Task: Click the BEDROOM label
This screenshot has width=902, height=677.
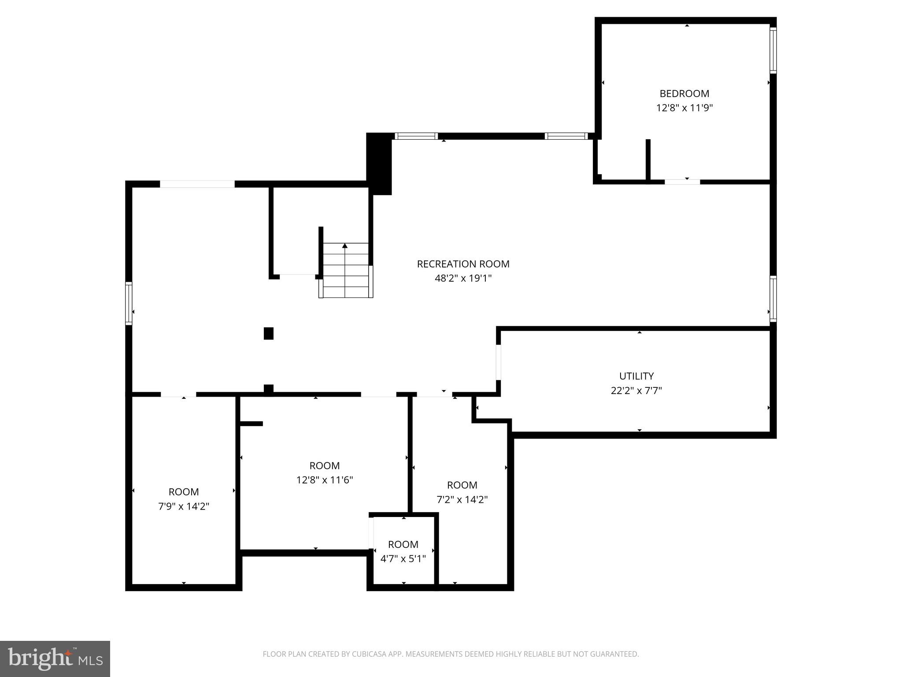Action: click(x=684, y=93)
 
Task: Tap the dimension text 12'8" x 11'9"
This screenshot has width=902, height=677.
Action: click(x=684, y=108)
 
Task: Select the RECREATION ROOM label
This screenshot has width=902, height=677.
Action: click(x=463, y=264)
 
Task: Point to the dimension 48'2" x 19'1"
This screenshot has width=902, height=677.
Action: click(x=463, y=278)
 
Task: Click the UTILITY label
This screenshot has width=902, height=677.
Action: click(x=636, y=376)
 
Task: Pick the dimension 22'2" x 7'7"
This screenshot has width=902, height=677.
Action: click(x=636, y=391)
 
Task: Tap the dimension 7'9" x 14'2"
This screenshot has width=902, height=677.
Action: click(x=184, y=506)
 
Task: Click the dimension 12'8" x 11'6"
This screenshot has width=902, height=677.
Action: click(x=325, y=480)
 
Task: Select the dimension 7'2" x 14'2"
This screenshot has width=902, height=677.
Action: click(x=462, y=499)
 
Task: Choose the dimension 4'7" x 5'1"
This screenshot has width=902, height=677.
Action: click(x=403, y=559)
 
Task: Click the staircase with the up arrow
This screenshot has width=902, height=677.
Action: click(x=346, y=270)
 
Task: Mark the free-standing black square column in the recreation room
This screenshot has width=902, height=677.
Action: click(x=269, y=333)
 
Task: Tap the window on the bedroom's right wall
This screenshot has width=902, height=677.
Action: click(x=773, y=50)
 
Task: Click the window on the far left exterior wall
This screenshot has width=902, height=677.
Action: click(x=129, y=303)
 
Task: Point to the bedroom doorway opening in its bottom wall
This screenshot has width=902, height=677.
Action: click(x=682, y=182)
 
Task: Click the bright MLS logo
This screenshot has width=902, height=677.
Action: click(x=55, y=658)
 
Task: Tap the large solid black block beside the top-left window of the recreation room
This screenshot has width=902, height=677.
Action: click(x=379, y=163)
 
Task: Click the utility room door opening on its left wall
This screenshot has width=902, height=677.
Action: click(x=499, y=362)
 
